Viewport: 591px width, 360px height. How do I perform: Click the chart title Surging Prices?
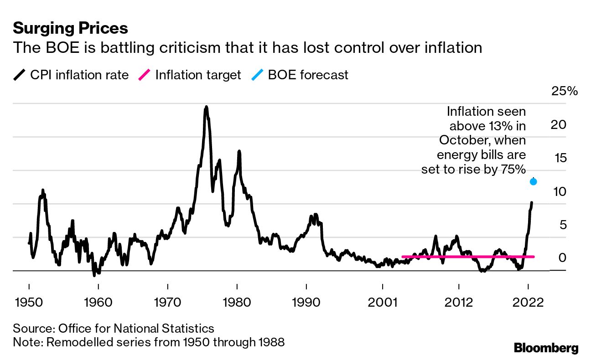[70, 28]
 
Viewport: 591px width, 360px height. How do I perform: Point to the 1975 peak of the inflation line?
[206, 108]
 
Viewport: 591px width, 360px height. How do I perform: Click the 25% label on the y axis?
[565, 91]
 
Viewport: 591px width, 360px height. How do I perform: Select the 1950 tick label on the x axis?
[29, 303]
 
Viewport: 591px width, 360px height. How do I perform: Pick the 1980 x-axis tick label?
[237, 303]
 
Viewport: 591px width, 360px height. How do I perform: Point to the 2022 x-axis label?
[528, 303]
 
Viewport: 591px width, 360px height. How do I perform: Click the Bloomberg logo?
[546, 348]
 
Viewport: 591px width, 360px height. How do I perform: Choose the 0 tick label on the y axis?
[562, 258]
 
